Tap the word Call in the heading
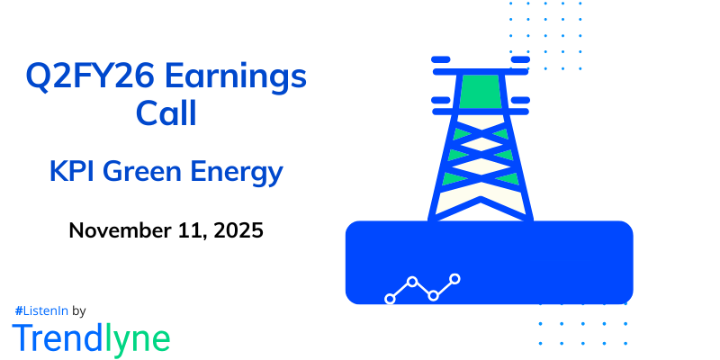pyautogui.click(x=166, y=116)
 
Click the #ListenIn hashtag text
pyautogui.click(x=40, y=310)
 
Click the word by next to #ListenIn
pyautogui.click(x=78, y=310)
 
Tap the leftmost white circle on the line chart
pyautogui.click(x=390, y=299)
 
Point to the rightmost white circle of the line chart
pyautogui.click(x=455, y=279)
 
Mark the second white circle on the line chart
pyautogui.click(x=412, y=282)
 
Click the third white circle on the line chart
pyautogui.click(x=434, y=295)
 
